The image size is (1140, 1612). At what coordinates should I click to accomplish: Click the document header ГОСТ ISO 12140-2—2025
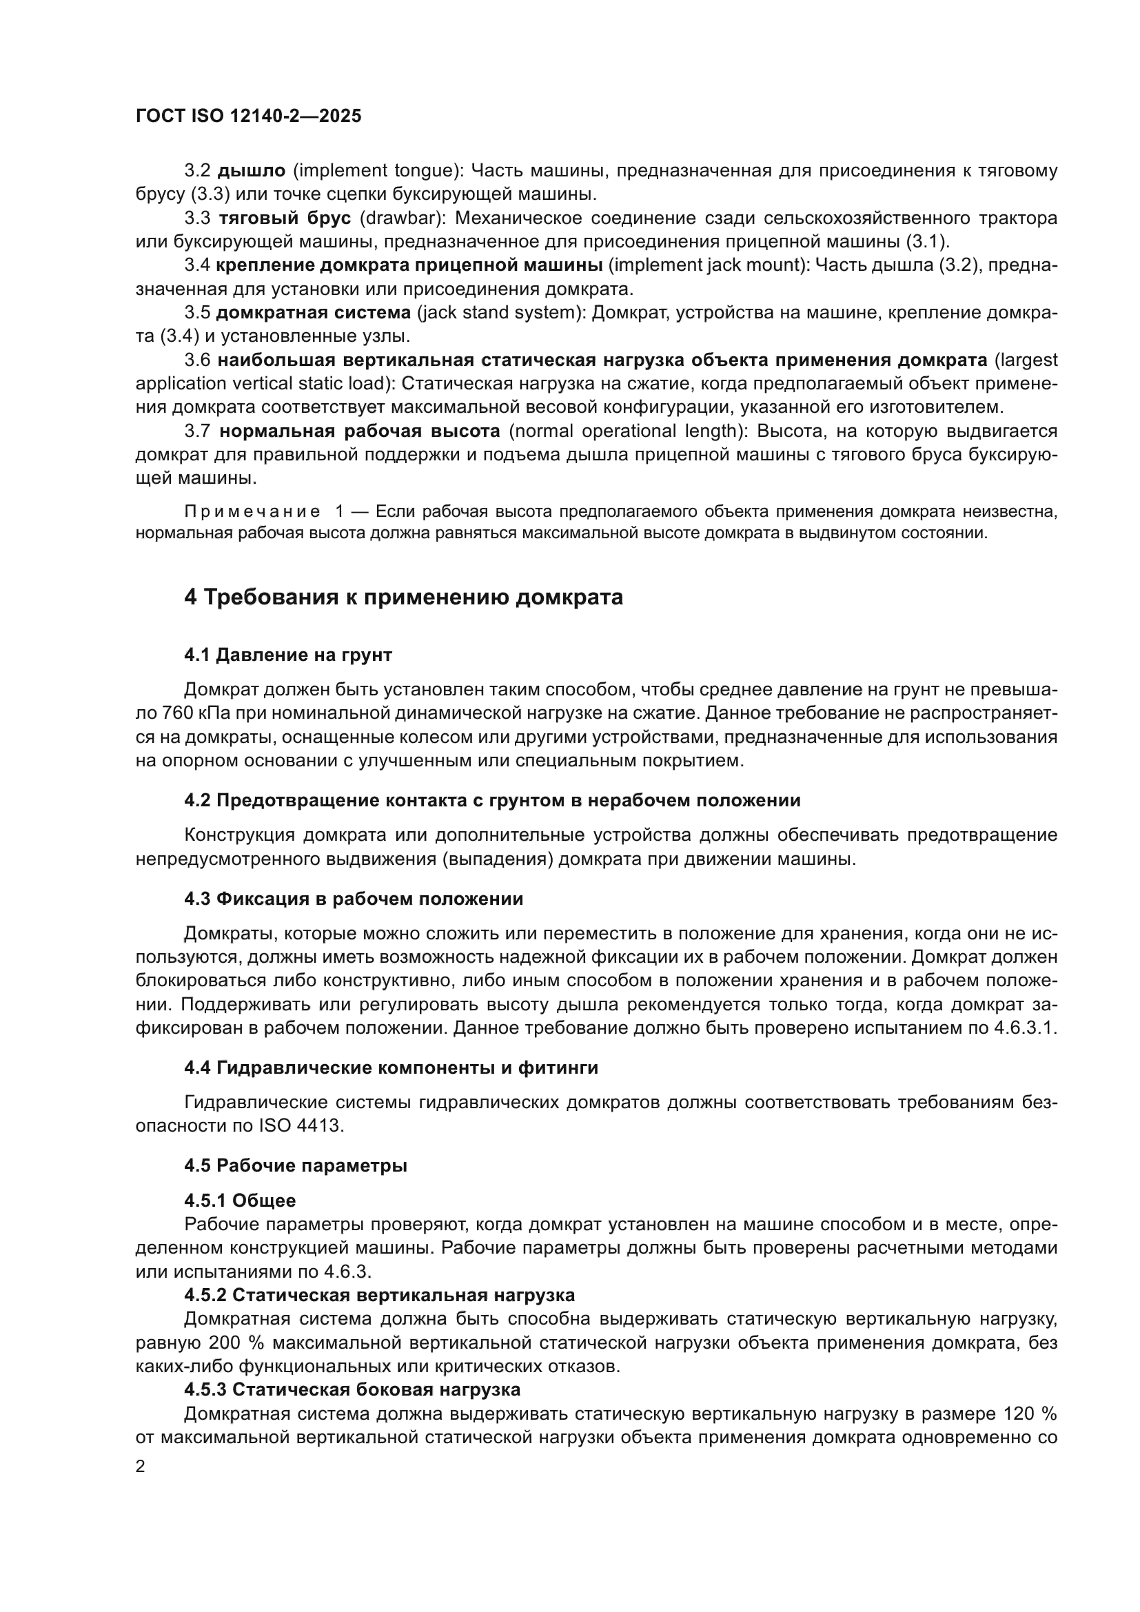pyautogui.click(x=249, y=116)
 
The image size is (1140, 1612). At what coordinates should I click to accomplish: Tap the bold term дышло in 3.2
pyautogui.click(x=252, y=171)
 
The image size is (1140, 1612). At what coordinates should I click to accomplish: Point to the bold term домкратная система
pyautogui.click(x=313, y=312)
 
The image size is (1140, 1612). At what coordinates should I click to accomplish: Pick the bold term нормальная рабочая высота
pyautogui.click(x=359, y=430)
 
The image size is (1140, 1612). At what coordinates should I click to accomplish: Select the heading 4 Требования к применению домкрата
pyautogui.click(x=404, y=598)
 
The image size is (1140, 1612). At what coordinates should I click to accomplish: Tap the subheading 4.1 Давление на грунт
pyautogui.click(x=288, y=655)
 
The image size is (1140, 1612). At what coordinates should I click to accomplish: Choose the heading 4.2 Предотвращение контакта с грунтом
pyautogui.click(x=492, y=800)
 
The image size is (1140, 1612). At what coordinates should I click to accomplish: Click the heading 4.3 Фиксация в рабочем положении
pyautogui.click(x=354, y=899)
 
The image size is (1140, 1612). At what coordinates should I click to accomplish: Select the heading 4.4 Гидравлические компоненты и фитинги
pyautogui.click(x=391, y=1068)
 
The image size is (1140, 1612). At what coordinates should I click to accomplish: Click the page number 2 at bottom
pyautogui.click(x=141, y=1467)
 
